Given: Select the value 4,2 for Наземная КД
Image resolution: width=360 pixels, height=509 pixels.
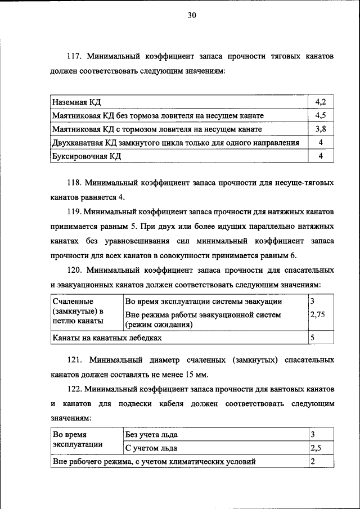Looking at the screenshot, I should [321, 102].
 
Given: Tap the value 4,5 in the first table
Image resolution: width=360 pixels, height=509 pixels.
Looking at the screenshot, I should [321, 115].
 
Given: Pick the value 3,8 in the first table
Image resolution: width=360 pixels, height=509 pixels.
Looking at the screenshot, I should [321, 129].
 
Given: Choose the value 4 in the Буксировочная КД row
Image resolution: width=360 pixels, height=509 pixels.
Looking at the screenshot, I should [321, 156].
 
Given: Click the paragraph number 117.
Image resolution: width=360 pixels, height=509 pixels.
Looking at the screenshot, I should [75, 57].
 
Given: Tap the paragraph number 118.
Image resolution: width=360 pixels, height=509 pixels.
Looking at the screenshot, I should [75, 183].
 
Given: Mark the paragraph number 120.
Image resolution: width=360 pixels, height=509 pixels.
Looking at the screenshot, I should [75, 270].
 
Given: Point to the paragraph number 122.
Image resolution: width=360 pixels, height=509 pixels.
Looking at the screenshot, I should [75, 389].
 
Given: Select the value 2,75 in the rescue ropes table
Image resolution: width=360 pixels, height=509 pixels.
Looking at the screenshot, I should [318, 316].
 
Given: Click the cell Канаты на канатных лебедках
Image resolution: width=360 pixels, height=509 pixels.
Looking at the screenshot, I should [107, 339].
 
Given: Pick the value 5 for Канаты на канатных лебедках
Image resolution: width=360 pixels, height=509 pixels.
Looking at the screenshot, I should [312, 339].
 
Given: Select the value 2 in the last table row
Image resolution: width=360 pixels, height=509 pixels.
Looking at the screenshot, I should [312, 462].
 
